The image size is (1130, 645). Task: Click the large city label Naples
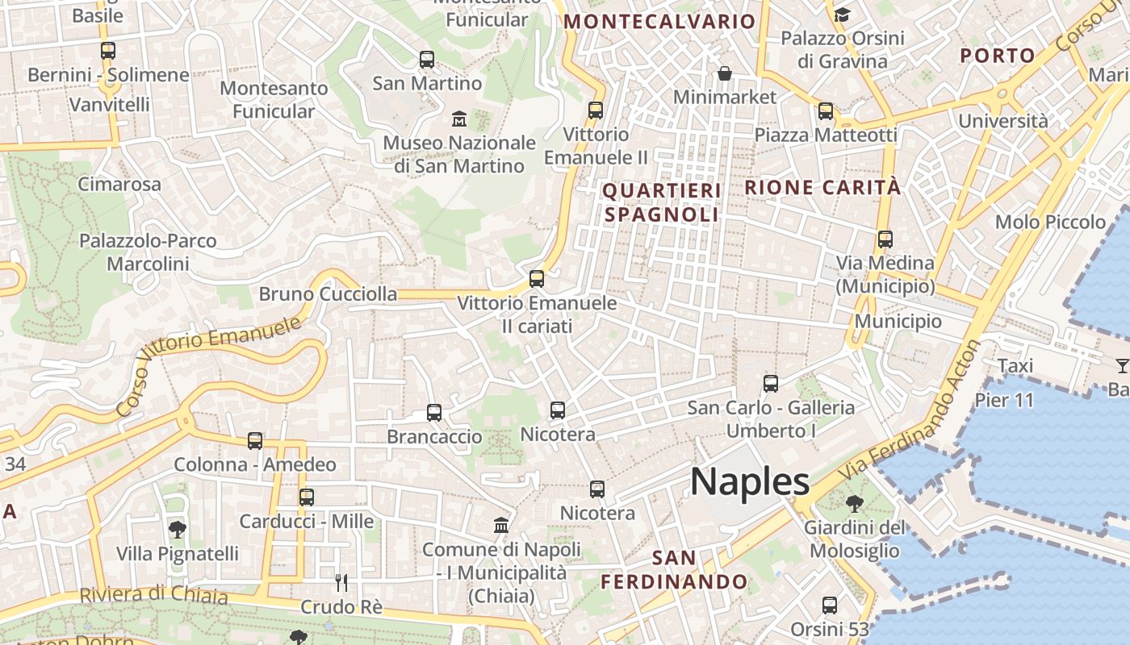click(750, 482)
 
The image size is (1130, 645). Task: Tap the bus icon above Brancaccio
click(434, 413)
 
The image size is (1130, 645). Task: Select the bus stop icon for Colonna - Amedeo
click(255, 441)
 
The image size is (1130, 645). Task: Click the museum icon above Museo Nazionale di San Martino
click(459, 119)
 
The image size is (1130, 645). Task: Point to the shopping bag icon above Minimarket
click(725, 74)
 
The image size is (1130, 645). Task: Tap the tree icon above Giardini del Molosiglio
click(855, 505)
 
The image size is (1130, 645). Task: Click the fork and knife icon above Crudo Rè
click(341, 581)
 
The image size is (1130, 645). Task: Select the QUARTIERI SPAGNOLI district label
click(661, 202)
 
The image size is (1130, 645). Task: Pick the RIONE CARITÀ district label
click(822, 188)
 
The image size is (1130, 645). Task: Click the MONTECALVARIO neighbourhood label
click(659, 22)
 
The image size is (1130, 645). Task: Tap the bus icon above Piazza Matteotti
click(826, 111)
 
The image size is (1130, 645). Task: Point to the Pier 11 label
click(1004, 400)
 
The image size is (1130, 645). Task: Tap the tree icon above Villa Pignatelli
click(178, 530)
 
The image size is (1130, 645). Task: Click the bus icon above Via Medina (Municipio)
click(885, 239)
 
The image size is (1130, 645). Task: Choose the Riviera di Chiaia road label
click(153, 596)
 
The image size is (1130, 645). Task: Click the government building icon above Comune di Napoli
click(501, 525)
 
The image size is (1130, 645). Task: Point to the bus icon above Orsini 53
click(829, 605)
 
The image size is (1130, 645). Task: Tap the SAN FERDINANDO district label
click(675, 569)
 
